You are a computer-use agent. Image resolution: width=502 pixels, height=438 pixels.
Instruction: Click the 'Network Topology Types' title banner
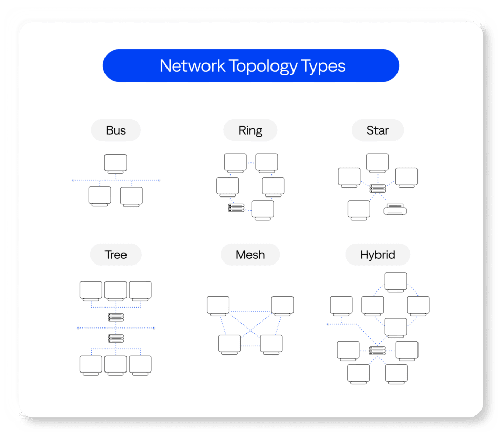coord(250,66)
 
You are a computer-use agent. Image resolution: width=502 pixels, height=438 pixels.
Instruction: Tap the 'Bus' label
coord(116,130)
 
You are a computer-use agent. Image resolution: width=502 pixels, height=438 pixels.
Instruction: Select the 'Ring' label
coord(250,130)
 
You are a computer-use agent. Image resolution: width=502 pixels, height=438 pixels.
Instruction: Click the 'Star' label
coord(378,130)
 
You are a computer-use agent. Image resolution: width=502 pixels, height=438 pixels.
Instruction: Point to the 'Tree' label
coord(116,255)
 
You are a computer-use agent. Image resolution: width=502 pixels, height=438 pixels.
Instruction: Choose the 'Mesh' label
coord(250,255)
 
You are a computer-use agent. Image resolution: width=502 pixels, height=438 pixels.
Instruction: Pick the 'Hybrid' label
coord(378,255)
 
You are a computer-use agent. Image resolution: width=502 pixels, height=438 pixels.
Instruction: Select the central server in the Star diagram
coord(378,189)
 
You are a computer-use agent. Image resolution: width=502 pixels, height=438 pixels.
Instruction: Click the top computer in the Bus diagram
coord(116,164)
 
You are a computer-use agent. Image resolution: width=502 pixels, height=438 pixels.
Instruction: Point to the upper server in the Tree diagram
coord(116,317)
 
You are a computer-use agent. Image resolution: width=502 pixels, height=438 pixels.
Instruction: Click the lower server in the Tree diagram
coord(116,338)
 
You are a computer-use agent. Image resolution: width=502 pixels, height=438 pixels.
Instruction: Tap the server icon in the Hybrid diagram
coord(378,351)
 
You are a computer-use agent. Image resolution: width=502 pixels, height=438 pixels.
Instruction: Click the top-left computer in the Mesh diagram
coord(218,306)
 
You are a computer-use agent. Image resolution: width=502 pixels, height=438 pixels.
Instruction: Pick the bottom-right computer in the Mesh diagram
coord(271,344)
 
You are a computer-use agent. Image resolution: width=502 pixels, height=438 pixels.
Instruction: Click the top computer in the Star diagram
coord(378,163)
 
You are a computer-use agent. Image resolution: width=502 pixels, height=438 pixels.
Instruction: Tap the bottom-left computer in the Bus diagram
coord(99,196)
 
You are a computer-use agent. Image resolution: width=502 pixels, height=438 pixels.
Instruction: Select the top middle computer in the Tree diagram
coord(116,291)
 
